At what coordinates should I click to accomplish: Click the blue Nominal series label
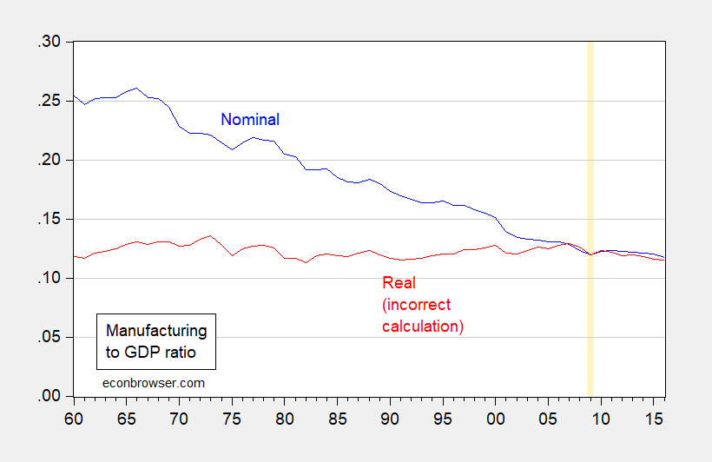pos(250,120)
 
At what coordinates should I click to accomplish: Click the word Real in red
pos(398,283)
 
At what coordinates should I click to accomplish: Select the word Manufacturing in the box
pos(156,331)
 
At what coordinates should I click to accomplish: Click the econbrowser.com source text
pos(152,381)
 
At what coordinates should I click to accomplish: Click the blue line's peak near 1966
pos(136,88)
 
